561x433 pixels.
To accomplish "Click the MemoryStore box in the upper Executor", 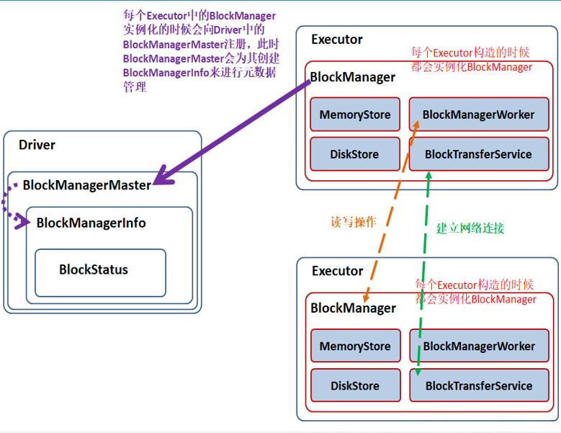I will [x=355, y=115].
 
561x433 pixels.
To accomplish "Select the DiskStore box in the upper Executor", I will [x=355, y=154].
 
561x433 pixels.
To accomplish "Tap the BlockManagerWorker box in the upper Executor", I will [x=478, y=115].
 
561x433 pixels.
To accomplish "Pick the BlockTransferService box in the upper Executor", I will [x=478, y=154].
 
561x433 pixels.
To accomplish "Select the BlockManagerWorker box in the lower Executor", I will [x=479, y=346].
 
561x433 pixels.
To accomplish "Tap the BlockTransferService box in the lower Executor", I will [x=479, y=385].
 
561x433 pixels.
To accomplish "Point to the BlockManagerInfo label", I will [x=91, y=223].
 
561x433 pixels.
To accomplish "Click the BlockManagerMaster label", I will [x=86, y=185].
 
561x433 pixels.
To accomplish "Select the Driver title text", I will [x=37, y=145].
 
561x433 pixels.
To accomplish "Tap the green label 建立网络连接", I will [x=470, y=228].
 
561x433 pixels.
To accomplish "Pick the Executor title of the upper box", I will [x=337, y=40].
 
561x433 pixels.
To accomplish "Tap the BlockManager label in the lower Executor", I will [x=353, y=308].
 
